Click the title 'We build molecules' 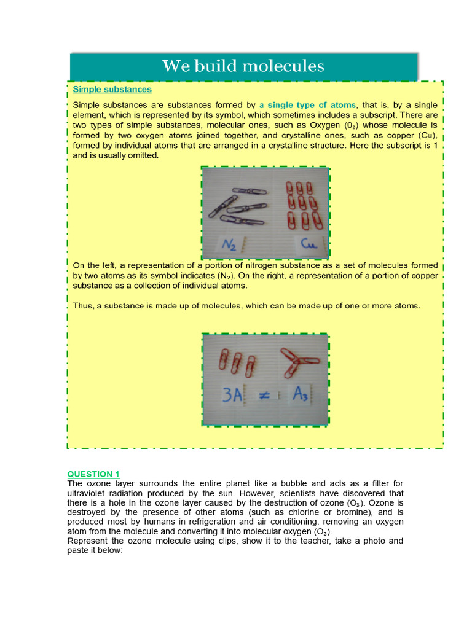[243, 66]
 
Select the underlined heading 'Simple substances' [112, 90]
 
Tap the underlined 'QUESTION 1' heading [93, 474]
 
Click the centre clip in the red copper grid [302, 202]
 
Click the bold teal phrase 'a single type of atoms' [307, 105]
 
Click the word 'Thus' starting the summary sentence [83, 305]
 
